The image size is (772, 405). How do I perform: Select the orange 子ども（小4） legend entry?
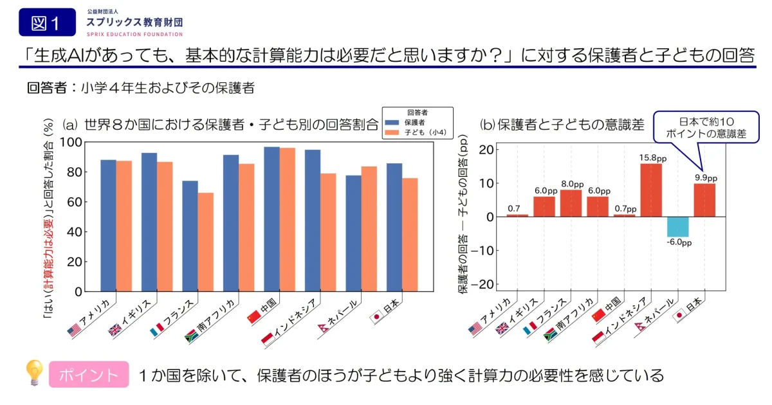[417, 132]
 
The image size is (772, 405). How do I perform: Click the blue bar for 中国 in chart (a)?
[271, 219]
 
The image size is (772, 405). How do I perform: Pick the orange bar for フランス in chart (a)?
[205, 242]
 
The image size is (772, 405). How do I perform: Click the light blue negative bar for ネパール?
[677, 227]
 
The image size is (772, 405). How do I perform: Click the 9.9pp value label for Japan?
[704, 177]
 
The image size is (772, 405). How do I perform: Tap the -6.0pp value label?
[679, 243]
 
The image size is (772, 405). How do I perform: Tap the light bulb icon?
[33, 372]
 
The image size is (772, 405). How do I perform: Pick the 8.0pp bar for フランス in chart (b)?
[571, 203]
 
